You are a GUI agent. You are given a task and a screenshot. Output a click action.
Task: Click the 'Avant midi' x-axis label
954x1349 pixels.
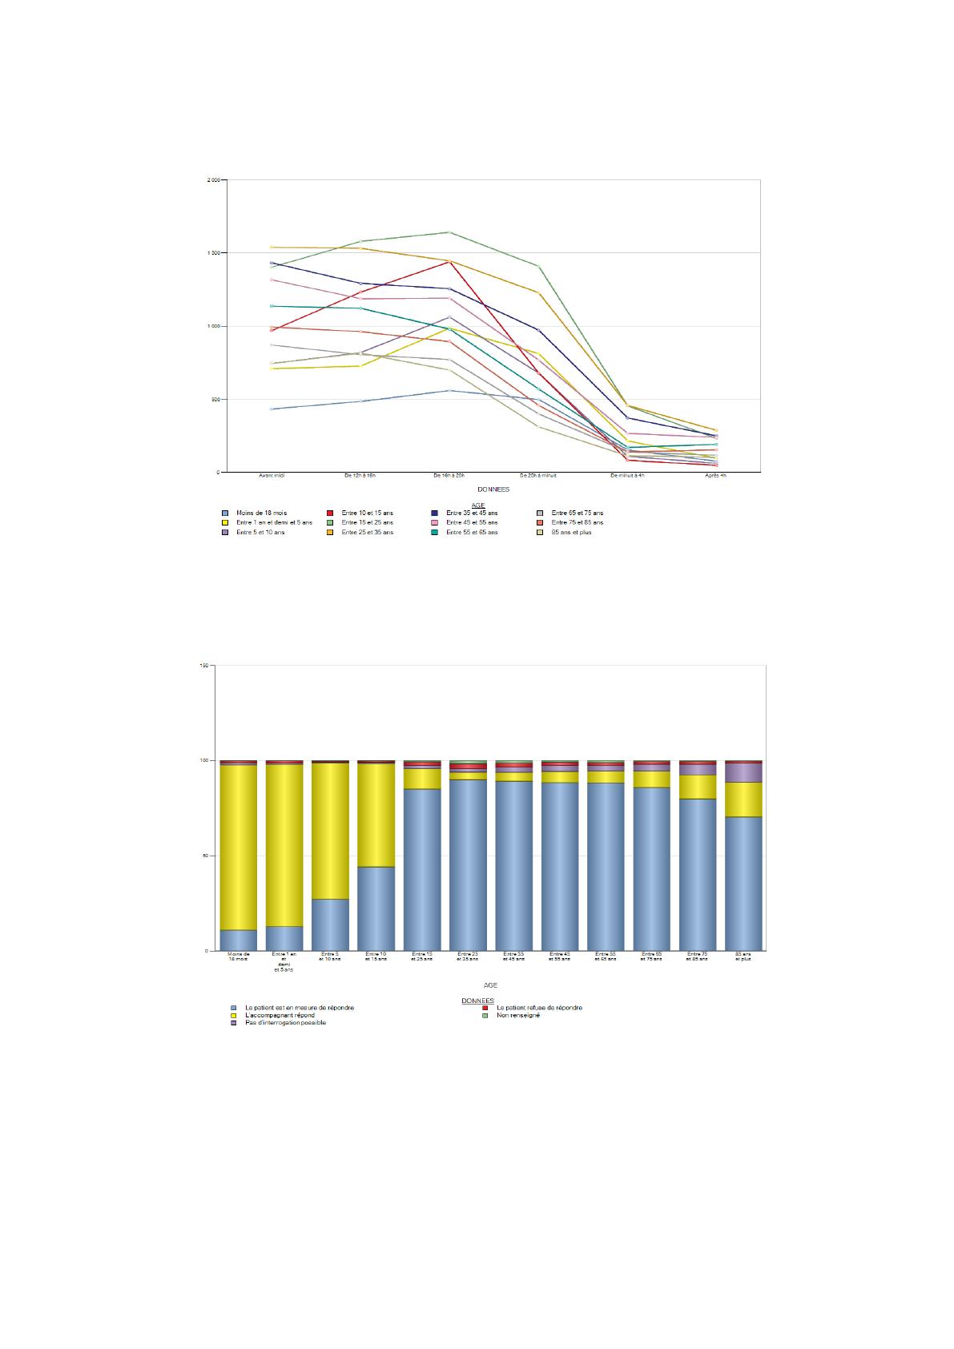(x=272, y=476)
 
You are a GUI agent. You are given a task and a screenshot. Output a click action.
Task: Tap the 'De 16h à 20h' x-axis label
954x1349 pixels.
(x=449, y=476)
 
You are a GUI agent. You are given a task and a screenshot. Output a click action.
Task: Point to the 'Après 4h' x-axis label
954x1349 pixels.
(x=715, y=476)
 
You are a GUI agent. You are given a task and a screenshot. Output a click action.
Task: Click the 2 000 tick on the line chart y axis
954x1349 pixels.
(x=213, y=180)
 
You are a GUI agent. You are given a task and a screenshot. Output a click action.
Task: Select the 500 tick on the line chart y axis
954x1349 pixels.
(x=215, y=400)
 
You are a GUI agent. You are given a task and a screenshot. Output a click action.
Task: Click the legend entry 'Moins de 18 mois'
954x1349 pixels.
(x=261, y=513)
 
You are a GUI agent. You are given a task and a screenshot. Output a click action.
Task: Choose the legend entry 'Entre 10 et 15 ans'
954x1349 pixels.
(x=367, y=513)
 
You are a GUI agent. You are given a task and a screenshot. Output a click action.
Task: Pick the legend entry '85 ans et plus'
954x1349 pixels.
(x=571, y=532)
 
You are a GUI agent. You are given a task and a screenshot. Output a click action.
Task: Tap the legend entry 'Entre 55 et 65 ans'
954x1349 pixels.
(x=472, y=532)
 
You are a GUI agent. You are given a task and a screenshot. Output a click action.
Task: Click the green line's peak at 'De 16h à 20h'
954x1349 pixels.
(x=449, y=232)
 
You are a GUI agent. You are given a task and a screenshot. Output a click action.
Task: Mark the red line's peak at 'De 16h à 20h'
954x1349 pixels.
(x=449, y=262)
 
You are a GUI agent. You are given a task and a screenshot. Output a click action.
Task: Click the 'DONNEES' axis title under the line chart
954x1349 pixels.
(x=493, y=489)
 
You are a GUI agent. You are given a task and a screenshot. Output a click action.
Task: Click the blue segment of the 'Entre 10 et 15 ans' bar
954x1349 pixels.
(x=376, y=908)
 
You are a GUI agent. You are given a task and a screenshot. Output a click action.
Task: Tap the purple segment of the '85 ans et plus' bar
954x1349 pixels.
(x=743, y=772)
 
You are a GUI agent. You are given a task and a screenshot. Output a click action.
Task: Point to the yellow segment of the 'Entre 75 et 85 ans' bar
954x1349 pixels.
(x=697, y=787)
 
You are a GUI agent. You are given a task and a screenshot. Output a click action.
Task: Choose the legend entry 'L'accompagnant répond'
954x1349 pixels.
(x=280, y=1015)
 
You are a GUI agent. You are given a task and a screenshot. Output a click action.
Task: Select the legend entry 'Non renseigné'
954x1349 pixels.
(x=518, y=1015)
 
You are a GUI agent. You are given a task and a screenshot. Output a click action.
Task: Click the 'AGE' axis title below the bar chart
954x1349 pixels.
(x=489, y=985)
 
